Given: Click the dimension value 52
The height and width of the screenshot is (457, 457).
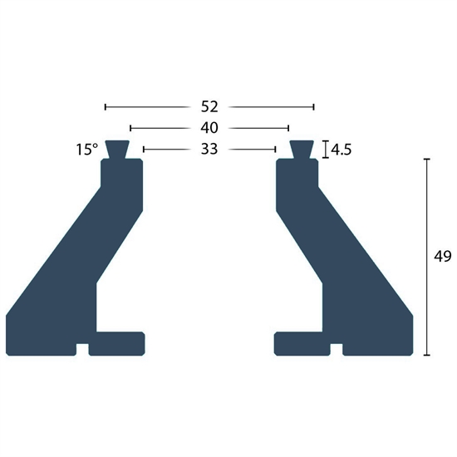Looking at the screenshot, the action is point(209,106).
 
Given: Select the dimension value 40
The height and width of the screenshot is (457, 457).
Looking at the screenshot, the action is point(209,128).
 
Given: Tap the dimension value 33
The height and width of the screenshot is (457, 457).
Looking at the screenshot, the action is point(209,149).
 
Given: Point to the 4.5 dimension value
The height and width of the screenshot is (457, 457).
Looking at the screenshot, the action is point(341,150).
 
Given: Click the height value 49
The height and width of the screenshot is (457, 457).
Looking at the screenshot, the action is point(442,257).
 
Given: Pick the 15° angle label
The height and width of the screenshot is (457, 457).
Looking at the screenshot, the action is point(87,150).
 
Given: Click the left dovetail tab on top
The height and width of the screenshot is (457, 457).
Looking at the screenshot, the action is point(117,150).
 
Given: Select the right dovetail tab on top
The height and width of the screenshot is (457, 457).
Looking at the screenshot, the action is point(302,150).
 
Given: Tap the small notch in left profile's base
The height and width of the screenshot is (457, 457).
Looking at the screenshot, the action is point(82,350).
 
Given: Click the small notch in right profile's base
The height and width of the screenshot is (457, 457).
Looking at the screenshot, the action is point(337,350).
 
